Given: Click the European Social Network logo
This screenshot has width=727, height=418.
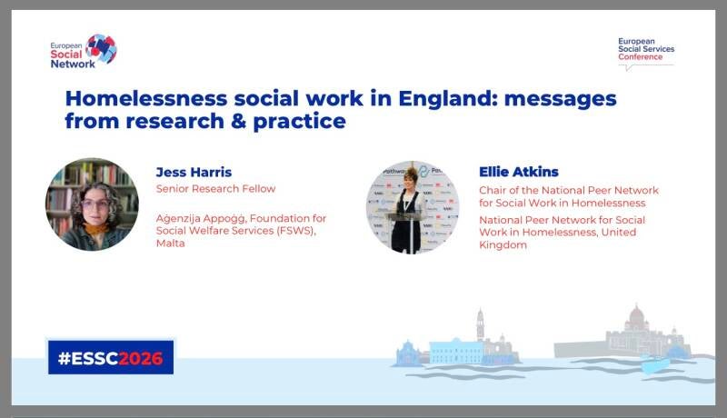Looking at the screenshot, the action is [x=84, y=52].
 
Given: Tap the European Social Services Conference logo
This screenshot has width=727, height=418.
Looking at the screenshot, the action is [x=646, y=54].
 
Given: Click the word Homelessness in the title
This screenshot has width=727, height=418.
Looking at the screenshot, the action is [x=146, y=98].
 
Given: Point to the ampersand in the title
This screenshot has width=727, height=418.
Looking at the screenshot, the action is [x=238, y=121].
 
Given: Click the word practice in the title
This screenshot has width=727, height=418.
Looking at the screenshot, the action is [x=300, y=122].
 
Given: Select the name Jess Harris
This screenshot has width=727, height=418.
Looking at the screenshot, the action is [x=194, y=173].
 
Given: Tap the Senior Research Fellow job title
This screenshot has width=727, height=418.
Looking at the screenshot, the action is [x=215, y=189].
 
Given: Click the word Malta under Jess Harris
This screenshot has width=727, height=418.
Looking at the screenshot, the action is [x=170, y=244].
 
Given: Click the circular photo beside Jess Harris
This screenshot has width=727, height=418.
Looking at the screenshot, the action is [x=92, y=204].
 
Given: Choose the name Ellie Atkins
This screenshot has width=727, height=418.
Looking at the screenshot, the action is [x=519, y=172].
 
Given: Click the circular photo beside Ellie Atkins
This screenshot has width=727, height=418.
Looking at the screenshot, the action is [x=413, y=207].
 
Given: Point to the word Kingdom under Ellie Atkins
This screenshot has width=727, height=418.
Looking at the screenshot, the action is [x=503, y=245].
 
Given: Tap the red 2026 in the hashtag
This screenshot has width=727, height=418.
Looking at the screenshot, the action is [x=141, y=358].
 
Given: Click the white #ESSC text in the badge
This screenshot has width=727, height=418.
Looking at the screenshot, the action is [x=88, y=358].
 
